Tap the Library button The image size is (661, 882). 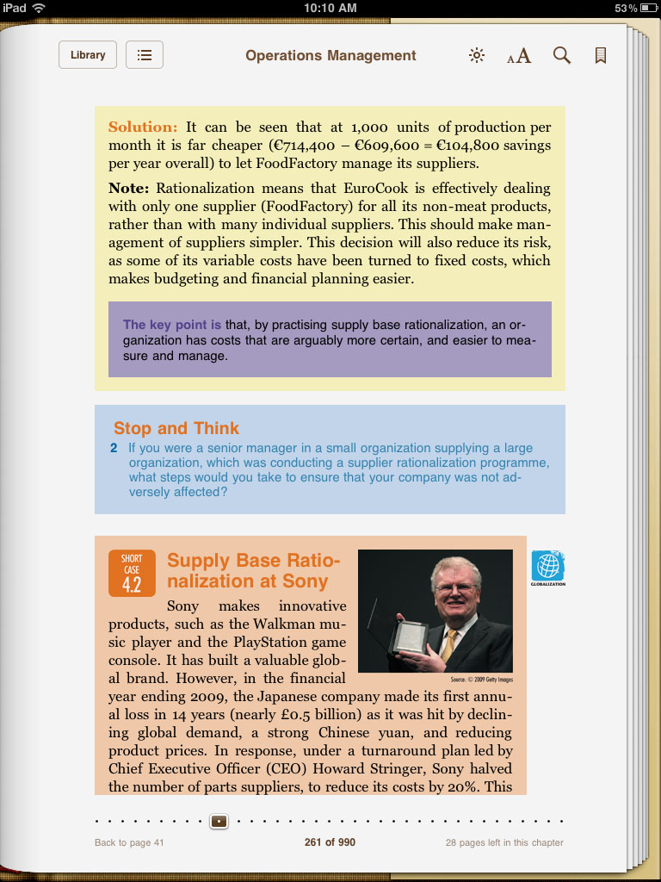coord(88,55)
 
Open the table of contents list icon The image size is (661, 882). coord(145,55)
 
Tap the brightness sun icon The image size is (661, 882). coord(476,56)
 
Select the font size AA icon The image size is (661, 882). coord(519,57)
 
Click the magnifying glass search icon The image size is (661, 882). coord(562,56)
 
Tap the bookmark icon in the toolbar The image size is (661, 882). coord(601,56)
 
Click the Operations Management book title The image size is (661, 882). coord(330,56)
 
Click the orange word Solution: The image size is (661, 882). coord(143,127)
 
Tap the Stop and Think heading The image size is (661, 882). coord(176,428)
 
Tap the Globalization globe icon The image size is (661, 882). coord(548,566)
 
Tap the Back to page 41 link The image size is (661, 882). coord(129,842)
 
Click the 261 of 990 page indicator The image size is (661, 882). coord(330,842)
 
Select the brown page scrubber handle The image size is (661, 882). coord(219,821)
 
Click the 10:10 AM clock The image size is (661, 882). coord(330,8)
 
